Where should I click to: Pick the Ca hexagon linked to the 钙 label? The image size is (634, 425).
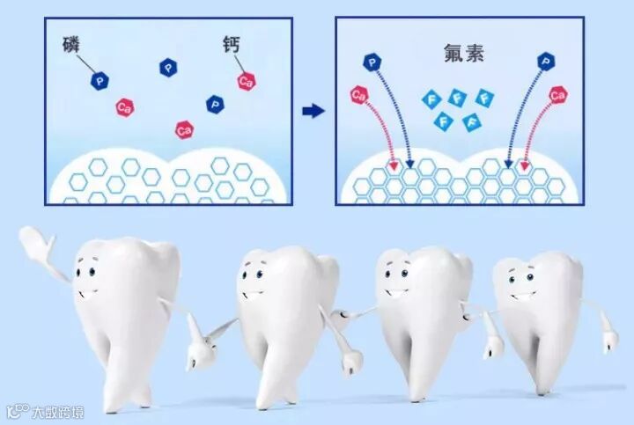click(x=246, y=81)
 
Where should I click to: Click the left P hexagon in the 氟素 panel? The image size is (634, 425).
click(x=374, y=62)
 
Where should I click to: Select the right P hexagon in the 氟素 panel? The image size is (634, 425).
click(x=547, y=61)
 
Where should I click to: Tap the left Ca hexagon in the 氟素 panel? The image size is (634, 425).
click(x=358, y=93)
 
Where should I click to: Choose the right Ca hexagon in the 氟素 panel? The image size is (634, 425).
click(x=558, y=94)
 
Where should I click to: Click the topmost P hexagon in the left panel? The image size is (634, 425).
click(x=167, y=66)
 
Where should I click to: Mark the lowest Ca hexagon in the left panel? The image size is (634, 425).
click(x=184, y=130)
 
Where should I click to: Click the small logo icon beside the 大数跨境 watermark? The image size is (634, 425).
click(x=16, y=411)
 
